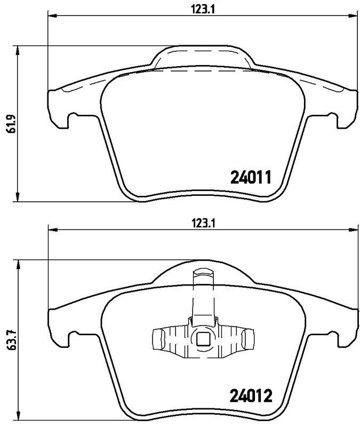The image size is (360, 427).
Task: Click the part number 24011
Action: point(251,177)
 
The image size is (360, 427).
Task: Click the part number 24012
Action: point(251,396)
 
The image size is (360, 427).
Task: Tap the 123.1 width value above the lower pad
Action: point(199,224)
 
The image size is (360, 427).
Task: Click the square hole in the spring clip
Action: point(203,338)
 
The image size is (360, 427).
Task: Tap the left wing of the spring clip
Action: point(159,339)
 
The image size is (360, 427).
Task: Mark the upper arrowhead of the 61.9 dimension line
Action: point(19,49)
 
